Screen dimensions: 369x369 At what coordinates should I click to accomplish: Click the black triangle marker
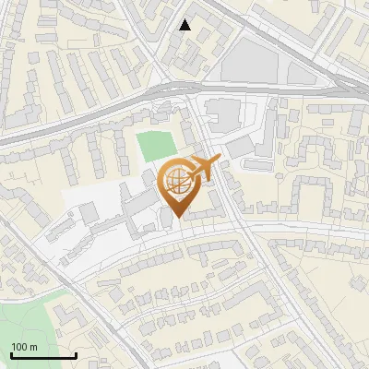coord(185,25)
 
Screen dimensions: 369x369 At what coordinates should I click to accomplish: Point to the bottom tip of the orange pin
coord(178,218)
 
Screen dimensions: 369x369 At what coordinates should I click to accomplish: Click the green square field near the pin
coord(154,146)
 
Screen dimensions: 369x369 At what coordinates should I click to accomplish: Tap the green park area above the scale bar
coord(23,318)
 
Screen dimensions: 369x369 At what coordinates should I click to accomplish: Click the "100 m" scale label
coord(24,347)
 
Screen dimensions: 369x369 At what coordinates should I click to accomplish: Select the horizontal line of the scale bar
coord(43,355)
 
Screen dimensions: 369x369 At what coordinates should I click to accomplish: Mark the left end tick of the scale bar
coord(11,353)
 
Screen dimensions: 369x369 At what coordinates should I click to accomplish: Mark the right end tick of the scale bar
coord(76,353)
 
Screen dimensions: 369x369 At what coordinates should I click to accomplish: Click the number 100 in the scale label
coord(19,347)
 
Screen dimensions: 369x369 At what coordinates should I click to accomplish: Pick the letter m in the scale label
coord(33,347)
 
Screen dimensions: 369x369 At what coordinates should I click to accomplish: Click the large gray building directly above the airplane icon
coord(223,114)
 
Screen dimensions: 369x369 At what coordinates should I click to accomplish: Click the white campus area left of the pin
coord(88,198)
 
